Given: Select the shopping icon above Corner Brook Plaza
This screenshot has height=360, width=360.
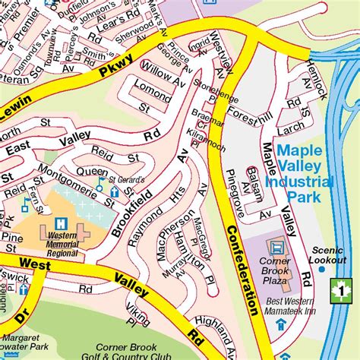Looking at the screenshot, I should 276,247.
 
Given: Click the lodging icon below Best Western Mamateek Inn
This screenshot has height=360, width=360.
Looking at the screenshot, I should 280,325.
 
